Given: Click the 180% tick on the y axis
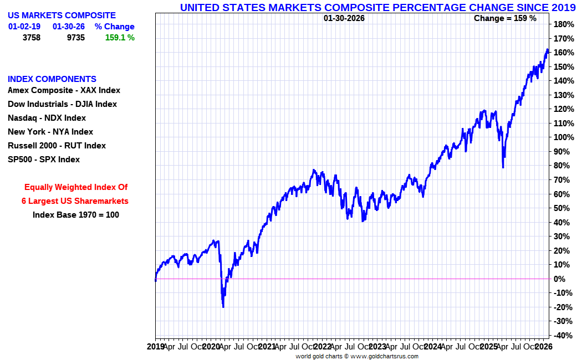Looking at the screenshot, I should (x=563, y=24).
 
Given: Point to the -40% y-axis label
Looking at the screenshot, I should (x=562, y=336).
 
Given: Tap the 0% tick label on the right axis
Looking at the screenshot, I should (x=560, y=279).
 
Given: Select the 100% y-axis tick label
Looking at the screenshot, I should (x=563, y=137).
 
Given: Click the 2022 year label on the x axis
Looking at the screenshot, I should (x=322, y=347).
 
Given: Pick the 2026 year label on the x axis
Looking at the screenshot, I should (x=543, y=347).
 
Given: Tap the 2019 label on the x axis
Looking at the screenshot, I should (x=156, y=347).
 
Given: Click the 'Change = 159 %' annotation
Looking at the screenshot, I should (x=505, y=18).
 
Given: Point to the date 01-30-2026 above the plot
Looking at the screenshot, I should (x=344, y=18).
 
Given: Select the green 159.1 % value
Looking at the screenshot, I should (x=120, y=38).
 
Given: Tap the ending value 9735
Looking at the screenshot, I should (x=73, y=38).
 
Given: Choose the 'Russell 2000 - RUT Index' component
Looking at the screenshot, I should (x=57, y=146).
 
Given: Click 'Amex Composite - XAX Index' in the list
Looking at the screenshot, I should (x=64, y=90).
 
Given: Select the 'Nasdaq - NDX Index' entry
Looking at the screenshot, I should (x=47, y=118).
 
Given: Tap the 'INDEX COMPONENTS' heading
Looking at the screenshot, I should (x=52, y=79).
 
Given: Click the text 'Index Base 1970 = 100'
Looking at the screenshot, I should (x=75, y=215).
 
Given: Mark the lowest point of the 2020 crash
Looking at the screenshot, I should (x=223, y=307).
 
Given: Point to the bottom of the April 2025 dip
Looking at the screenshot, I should (x=503, y=167).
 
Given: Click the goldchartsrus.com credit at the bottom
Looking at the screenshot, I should (x=357, y=356).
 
